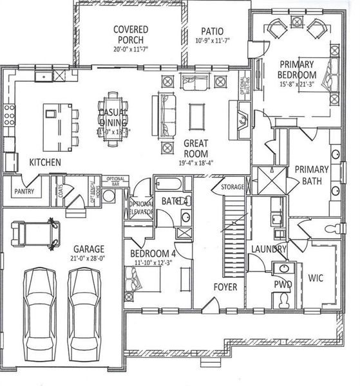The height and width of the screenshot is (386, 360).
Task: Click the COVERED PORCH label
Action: (x=131, y=35)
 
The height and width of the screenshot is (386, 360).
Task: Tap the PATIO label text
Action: (x=212, y=30)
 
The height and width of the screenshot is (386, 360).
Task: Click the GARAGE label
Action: (x=88, y=248)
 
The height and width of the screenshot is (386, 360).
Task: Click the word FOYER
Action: (x=225, y=286)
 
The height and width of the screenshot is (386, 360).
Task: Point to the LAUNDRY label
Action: (x=264, y=248)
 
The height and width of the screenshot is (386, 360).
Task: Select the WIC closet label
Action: (x=316, y=279)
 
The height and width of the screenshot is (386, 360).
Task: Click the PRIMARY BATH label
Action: (x=312, y=175)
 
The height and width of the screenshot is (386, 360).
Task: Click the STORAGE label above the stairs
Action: (x=232, y=187)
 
